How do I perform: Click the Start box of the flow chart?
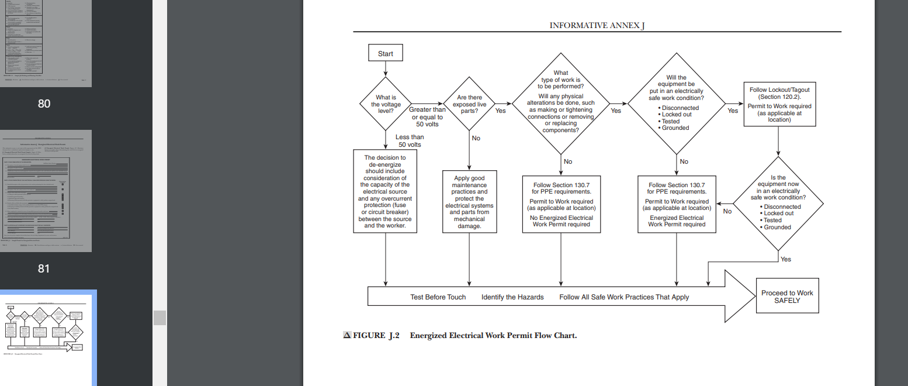point(386,54)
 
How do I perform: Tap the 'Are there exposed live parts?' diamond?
point(469,104)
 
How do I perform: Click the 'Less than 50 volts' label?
point(410,140)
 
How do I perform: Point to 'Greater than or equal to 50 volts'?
point(427,117)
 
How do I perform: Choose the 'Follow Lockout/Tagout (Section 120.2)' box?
point(779,104)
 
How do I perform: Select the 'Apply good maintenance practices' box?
point(469,202)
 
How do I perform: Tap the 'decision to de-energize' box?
point(385,191)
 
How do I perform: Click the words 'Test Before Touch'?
point(438,297)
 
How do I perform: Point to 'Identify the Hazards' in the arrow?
point(512,297)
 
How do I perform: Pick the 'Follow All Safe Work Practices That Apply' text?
point(623,297)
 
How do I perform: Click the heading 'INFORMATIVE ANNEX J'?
point(597,26)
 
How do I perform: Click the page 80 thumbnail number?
point(44,104)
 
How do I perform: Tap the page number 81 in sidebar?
point(44,268)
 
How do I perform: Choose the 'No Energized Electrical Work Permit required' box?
point(561,204)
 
